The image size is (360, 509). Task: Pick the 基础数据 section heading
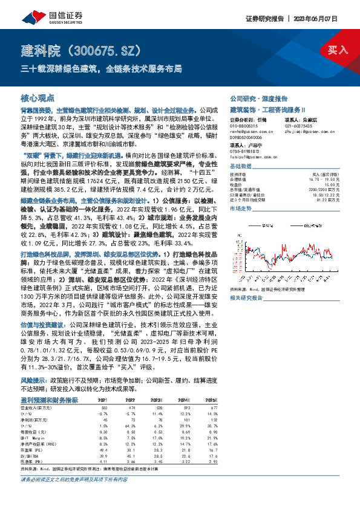click(241, 166)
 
